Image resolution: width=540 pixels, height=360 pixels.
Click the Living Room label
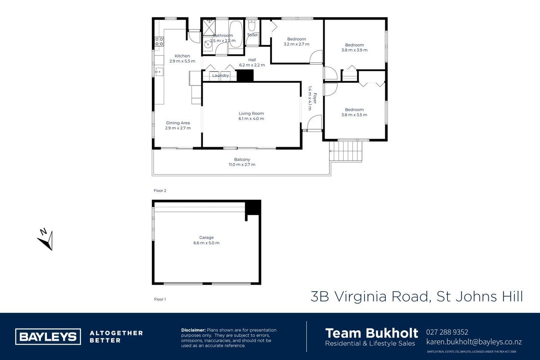(x=251, y=113)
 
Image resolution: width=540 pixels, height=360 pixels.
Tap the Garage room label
(x=206, y=238)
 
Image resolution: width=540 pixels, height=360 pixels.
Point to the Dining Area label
(x=178, y=123)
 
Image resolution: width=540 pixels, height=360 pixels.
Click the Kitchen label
(x=182, y=56)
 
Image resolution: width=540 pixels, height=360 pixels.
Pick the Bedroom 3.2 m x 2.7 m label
(x=296, y=41)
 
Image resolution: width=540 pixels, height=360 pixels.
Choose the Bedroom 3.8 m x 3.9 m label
(x=354, y=48)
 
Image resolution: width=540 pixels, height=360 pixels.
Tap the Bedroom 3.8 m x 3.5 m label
(x=354, y=112)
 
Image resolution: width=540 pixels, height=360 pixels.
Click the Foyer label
(x=315, y=99)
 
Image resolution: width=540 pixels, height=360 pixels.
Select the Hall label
(x=252, y=60)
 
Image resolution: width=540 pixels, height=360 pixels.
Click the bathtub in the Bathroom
(x=236, y=35)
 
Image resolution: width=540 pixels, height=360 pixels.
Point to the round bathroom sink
(x=208, y=45)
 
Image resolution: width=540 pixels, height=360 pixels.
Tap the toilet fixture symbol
(x=252, y=26)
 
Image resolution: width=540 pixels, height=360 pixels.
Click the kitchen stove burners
(x=159, y=41)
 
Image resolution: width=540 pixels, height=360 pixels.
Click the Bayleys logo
(x=48, y=337)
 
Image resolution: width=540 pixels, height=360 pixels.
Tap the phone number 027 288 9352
(x=447, y=332)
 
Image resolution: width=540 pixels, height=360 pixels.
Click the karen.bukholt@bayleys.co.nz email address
(x=474, y=342)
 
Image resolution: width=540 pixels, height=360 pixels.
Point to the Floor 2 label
(x=160, y=191)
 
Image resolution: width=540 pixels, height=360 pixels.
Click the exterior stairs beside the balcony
(x=346, y=151)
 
